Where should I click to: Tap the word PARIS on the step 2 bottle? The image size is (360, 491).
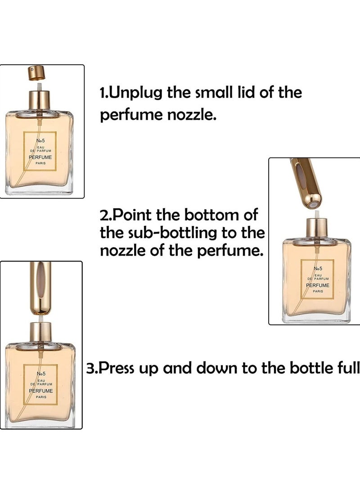318,291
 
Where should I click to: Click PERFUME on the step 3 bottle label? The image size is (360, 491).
40,391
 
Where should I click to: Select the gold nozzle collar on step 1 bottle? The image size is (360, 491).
40,101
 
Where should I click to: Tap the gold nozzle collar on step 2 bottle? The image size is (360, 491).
317,229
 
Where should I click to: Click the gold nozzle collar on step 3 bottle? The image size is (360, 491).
40,331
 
